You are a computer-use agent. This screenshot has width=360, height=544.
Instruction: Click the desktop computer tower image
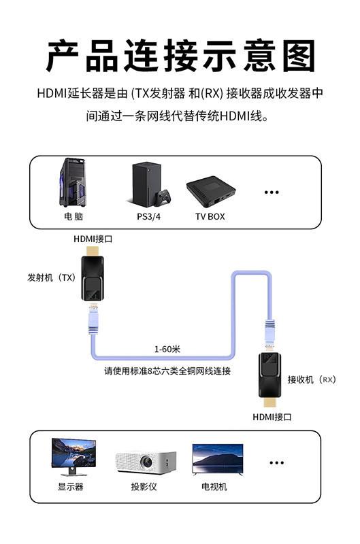(x=73, y=182)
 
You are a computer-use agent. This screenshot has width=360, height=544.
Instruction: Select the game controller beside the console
(x=163, y=197)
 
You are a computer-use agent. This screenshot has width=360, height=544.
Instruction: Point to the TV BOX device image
(x=211, y=190)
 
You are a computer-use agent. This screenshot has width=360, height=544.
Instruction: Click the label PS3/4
(x=148, y=216)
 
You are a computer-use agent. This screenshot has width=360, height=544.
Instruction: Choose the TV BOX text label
(x=210, y=216)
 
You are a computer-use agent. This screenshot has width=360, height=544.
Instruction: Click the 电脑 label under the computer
(x=73, y=216)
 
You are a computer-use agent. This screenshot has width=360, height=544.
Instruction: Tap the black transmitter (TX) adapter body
(x=93, y=278)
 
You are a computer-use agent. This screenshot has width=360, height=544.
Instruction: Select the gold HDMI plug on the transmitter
(x=93, y=250)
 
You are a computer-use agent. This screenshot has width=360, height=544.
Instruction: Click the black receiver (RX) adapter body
(x=269, y=375)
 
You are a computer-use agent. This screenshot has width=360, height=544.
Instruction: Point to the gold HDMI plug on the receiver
(x=270, y=403)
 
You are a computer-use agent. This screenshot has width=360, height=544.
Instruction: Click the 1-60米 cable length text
(x=167, y=349)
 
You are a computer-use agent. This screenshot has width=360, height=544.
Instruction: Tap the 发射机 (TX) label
(x=52, y=277)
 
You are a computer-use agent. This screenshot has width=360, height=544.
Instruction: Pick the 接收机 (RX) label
(x=312, y=379)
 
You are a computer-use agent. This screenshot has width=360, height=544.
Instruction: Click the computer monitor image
(x=73, y=456)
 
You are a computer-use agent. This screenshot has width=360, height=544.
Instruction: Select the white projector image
(x=146, y=462)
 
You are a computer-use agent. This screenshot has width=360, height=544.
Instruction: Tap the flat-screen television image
(x=218, y=459)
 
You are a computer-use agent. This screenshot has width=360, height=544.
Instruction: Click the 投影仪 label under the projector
(x=144, y=486)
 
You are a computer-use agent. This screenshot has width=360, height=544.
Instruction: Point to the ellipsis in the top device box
(x=272, y=192)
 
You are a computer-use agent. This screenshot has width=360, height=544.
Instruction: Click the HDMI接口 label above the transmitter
(x=93, y=239)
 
